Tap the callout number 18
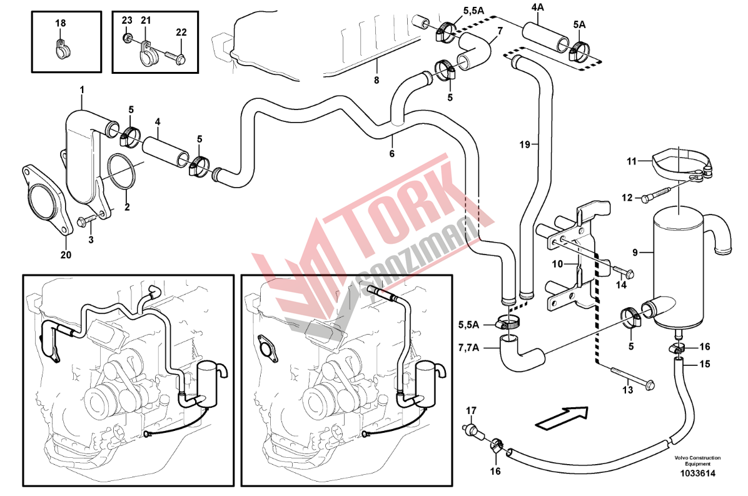(x=60, y=23)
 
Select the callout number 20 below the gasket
(x=66, y=255)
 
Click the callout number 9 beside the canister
(x=635, y=253)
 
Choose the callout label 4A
(x=538, y=8)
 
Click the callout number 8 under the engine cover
(x=377, y=80)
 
